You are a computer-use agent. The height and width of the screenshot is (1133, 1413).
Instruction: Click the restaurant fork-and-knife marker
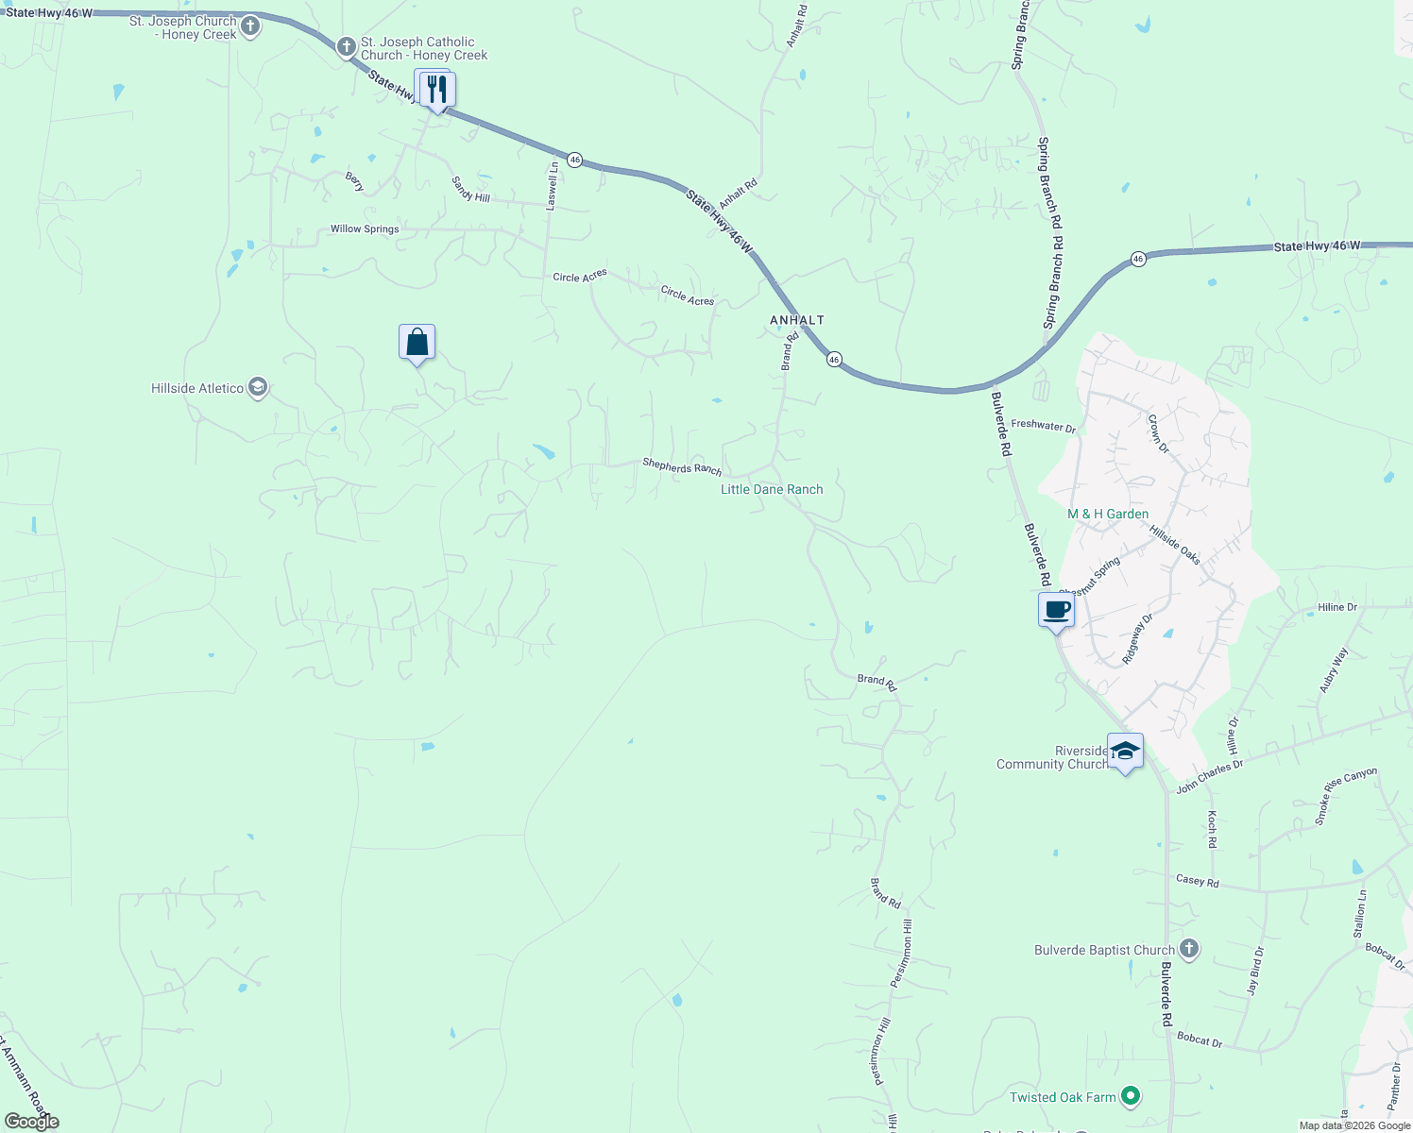click(x=436, y=90)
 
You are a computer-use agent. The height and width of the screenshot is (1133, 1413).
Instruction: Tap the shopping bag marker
click(x=417, y=342)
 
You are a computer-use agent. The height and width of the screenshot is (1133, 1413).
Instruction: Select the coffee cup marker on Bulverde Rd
click(x=1057, y=610)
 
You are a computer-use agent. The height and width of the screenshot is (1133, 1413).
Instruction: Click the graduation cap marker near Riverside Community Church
click(x=1124, y=752)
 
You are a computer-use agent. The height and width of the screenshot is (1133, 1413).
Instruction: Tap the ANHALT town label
click(x=797, y=320)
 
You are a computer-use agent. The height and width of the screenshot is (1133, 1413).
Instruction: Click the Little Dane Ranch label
click(x=772, y=489)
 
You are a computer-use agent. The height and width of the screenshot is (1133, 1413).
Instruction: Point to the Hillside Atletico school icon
click(x=258, y=388)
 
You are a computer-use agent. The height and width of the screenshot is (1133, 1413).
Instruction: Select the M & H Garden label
click(x=1108, y=514)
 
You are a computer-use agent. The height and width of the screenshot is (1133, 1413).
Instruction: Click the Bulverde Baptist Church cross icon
click(x=1189, y=949)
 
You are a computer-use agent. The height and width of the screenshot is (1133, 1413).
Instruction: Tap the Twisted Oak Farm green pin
click(x=1131, y=1096)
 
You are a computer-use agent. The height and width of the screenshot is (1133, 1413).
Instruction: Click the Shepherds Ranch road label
click(x=682, y=466)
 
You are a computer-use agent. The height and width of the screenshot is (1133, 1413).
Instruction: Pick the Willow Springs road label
click(x=365, y=229)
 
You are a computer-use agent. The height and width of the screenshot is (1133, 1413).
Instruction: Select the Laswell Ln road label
click(x=553, y=185)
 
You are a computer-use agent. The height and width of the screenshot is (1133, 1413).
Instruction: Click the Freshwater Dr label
click(x=1043, y=426)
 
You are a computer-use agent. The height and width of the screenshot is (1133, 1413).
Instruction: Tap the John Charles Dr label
click(x=1209, y=777)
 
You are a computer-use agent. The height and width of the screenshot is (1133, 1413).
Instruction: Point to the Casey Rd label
click(x=1197, y=881)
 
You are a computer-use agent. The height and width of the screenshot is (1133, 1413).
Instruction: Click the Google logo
click(x=31, y=1122)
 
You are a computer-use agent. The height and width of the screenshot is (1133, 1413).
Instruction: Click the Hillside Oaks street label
click(x=1175, y=545)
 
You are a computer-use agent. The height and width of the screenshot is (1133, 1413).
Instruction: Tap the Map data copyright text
click(x=1354, y=1125)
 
